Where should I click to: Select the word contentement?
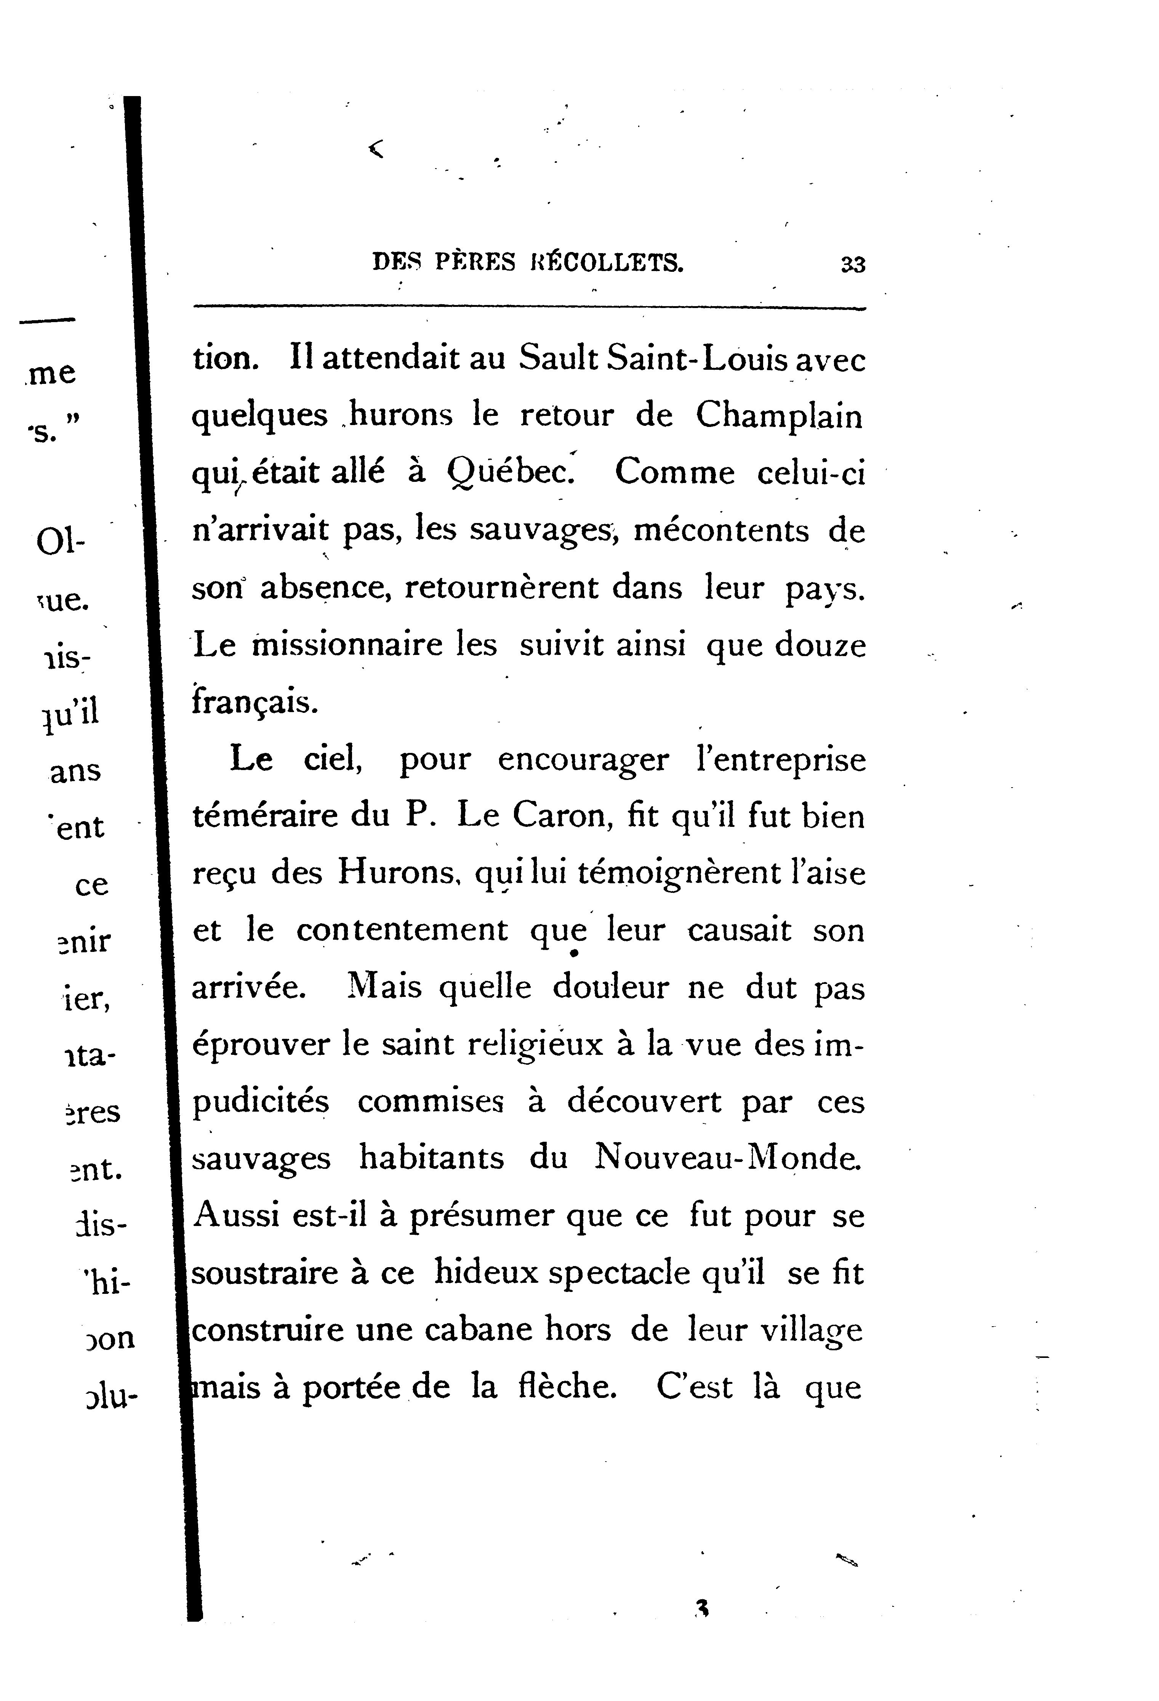point(402,930)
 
